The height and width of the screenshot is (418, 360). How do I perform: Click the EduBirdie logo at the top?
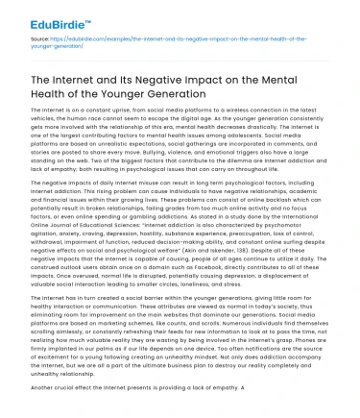pyautogui.click(x=39, y=16)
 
